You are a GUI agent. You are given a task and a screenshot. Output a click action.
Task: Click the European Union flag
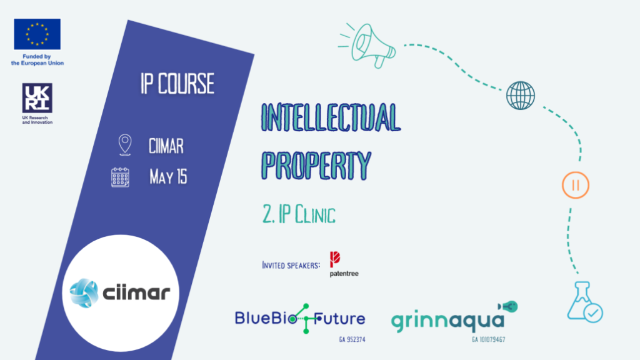point(37,34)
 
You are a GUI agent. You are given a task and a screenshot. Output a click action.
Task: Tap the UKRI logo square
point(37,98)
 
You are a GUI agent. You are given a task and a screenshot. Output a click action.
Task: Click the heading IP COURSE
point(177,84)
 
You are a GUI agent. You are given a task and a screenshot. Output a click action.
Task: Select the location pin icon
point(125,145)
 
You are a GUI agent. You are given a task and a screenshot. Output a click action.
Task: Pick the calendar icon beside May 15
point(121,177)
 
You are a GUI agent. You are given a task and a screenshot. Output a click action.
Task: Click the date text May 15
point(168,177)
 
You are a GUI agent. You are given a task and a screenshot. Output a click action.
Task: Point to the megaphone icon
point(367,46)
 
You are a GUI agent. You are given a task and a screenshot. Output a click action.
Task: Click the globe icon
point(521,96)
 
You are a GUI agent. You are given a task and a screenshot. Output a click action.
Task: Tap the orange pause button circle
point(576,185)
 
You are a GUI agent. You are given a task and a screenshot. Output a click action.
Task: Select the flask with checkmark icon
point(585,302)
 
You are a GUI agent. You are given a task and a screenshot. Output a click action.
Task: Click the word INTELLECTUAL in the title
point(331,117)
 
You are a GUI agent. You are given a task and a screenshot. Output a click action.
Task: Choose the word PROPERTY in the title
point(316,166)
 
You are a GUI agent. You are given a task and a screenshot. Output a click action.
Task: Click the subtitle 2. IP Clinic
point(299,214)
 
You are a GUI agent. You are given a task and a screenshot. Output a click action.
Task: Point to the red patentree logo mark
point(335,259)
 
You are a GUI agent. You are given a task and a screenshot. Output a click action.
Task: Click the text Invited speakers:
point(291,265)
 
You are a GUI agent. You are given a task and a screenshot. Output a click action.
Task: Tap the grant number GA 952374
point(352,339)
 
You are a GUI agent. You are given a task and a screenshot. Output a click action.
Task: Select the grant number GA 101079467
point(489,339)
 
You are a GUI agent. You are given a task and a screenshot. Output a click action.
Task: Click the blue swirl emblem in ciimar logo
point(84,293)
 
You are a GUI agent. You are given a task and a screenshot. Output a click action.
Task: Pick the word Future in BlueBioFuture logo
point(339,318)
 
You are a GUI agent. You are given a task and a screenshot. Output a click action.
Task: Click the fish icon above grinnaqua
point(507,306)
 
